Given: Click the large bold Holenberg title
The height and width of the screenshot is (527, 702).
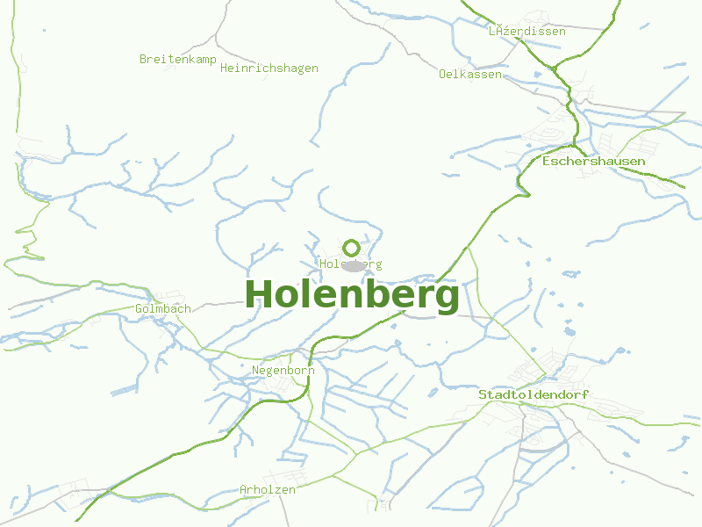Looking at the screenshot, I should click(x=352, y=294).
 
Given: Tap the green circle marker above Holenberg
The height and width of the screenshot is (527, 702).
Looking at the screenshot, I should click(x=351, y=248).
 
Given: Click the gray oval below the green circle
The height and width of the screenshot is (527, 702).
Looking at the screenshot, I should click(x=353, y=265).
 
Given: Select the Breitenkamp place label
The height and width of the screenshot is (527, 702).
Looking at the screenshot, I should click(x=178, y=59).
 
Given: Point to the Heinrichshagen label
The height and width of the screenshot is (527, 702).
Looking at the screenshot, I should click(x=269, y=68).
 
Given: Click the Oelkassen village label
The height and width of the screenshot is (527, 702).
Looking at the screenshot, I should click(x=470, y=74).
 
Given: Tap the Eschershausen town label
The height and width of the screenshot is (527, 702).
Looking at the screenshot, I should click(x=594, y=161).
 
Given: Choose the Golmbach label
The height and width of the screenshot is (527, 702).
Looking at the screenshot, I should click(x=163, y=308).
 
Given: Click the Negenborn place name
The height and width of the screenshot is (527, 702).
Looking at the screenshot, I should click(x=283, y=370).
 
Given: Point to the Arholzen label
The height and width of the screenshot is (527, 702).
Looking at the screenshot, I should click(x=268, y=489).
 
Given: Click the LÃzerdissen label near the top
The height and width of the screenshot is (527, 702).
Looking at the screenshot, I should click(x=527, y=31).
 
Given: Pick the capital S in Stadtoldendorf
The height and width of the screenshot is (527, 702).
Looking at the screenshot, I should click(x=482, y=394).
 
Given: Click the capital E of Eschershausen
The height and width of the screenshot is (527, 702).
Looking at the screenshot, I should click(x=547, y=161).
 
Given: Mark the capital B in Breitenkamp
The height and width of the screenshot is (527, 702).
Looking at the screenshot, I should click(x=143, y=59).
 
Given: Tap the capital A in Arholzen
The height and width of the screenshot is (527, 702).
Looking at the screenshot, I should click(x=243, y=489).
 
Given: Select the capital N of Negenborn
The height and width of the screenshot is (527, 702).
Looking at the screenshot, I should click(x=255, y=370).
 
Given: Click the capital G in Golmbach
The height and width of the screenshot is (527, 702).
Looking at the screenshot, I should click(x=139, y=308).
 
